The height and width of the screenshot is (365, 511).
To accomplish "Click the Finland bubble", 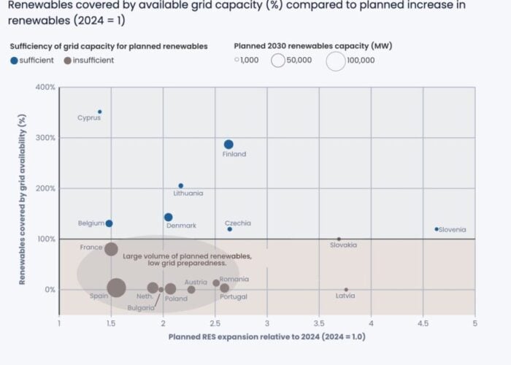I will point(228,145).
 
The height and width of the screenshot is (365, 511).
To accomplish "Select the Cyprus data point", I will point(100,112).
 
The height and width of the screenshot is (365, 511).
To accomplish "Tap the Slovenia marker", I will point(437,229).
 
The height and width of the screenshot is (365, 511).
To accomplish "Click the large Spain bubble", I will point(116,288).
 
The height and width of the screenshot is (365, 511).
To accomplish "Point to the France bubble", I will point(111,249).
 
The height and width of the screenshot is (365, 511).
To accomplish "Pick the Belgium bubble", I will point(109,223).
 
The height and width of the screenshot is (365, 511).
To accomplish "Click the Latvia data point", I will point(346,289).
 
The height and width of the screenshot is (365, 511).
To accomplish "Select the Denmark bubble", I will point(169,217).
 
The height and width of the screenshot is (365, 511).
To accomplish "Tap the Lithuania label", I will point(188,193).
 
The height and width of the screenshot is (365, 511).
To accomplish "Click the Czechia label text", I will point(238,223).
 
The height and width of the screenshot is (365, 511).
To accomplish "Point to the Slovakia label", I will point(343,245).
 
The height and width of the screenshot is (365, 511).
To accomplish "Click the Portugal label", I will point(234,297).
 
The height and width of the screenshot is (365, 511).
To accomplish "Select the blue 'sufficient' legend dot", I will point(14,61).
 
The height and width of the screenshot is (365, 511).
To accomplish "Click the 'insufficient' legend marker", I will point(67,61).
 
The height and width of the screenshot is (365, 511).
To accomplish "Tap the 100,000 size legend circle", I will point(335,61).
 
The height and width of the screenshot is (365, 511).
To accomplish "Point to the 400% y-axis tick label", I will point(45,88).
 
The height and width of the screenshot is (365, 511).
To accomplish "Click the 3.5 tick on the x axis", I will point(319,323).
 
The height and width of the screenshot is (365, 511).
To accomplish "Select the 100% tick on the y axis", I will point(45,239).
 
